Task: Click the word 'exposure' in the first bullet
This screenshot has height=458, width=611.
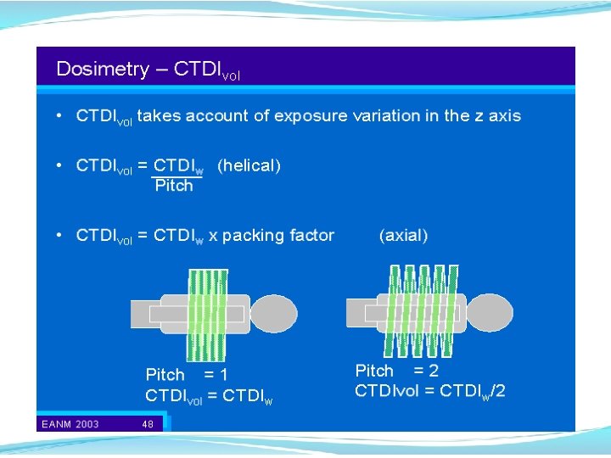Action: (311, 116)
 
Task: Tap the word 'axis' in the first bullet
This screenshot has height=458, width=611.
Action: (504, 116)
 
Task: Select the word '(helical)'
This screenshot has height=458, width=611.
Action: (249, 166)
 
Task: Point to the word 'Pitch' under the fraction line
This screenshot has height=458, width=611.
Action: (174, 186)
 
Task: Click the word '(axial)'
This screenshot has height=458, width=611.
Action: (403, 236)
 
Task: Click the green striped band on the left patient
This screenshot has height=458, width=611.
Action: (207, 314)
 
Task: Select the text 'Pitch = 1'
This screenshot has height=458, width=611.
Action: (186, 375)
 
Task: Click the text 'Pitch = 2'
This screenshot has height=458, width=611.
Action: (396, 371)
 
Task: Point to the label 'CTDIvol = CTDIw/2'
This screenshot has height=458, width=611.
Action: (429, 391)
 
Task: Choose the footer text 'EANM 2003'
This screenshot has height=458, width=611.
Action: (69, 424)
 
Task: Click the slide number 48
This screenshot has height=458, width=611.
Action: (148, 424)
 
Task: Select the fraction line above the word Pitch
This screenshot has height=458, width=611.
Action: (176, 177)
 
